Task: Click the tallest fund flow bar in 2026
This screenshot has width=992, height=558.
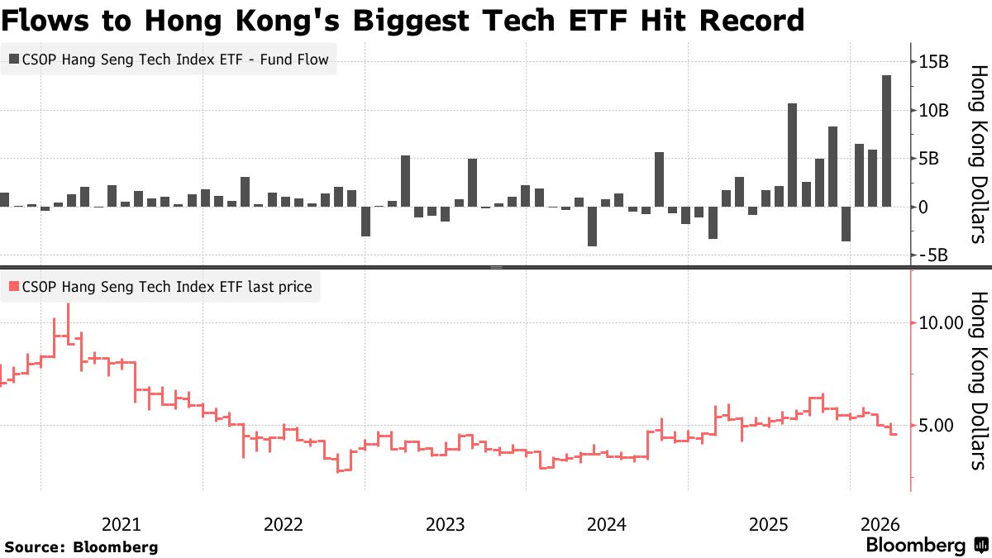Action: click(886, 141)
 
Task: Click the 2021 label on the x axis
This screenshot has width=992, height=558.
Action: click(122, 524)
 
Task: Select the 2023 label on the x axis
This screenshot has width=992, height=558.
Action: click(445, 524)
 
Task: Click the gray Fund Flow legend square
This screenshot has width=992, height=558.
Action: click(12, 60)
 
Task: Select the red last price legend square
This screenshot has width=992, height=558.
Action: click(12, 287)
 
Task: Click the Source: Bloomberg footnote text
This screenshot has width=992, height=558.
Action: click(81, 547)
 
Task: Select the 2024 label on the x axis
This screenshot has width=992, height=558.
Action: click(606, 524)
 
